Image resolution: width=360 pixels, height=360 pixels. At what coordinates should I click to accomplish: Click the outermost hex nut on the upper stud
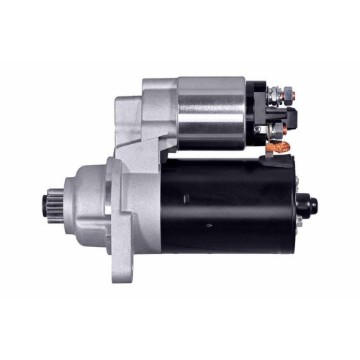pyautogui.click(x=287, y=92)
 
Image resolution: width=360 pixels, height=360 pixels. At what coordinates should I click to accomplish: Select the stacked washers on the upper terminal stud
pyautogui.click(x=276, y=93)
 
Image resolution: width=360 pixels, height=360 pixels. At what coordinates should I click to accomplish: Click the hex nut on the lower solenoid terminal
pyautogui.click(x=276, y=130)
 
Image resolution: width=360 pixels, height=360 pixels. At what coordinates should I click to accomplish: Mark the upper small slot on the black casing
pyautogui.click(x=186, y=197)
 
